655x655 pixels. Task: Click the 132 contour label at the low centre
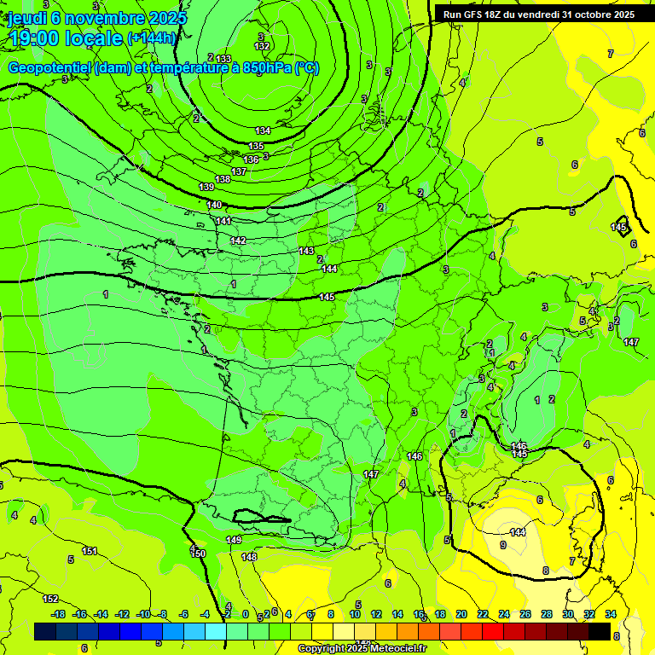coord(263,46)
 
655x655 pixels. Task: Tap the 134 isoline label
coord(263,130)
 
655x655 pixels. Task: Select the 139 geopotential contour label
coord(206,187)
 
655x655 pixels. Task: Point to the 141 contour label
coord(223,221)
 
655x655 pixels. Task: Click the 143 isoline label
coord(307,251)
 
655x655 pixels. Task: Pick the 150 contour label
coord(198,554)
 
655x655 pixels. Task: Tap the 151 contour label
coord(90,552)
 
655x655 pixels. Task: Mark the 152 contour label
coord(51,599)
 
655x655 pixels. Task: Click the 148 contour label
coord(249,557)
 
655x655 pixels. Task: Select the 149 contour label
coord(234,540)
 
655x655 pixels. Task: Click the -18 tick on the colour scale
coord(58,614)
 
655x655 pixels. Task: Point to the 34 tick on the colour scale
coord(611,614)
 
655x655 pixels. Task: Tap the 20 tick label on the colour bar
coord(461,614)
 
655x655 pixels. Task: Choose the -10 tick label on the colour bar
coord(143,614)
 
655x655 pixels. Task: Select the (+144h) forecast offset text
coord(152,38)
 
